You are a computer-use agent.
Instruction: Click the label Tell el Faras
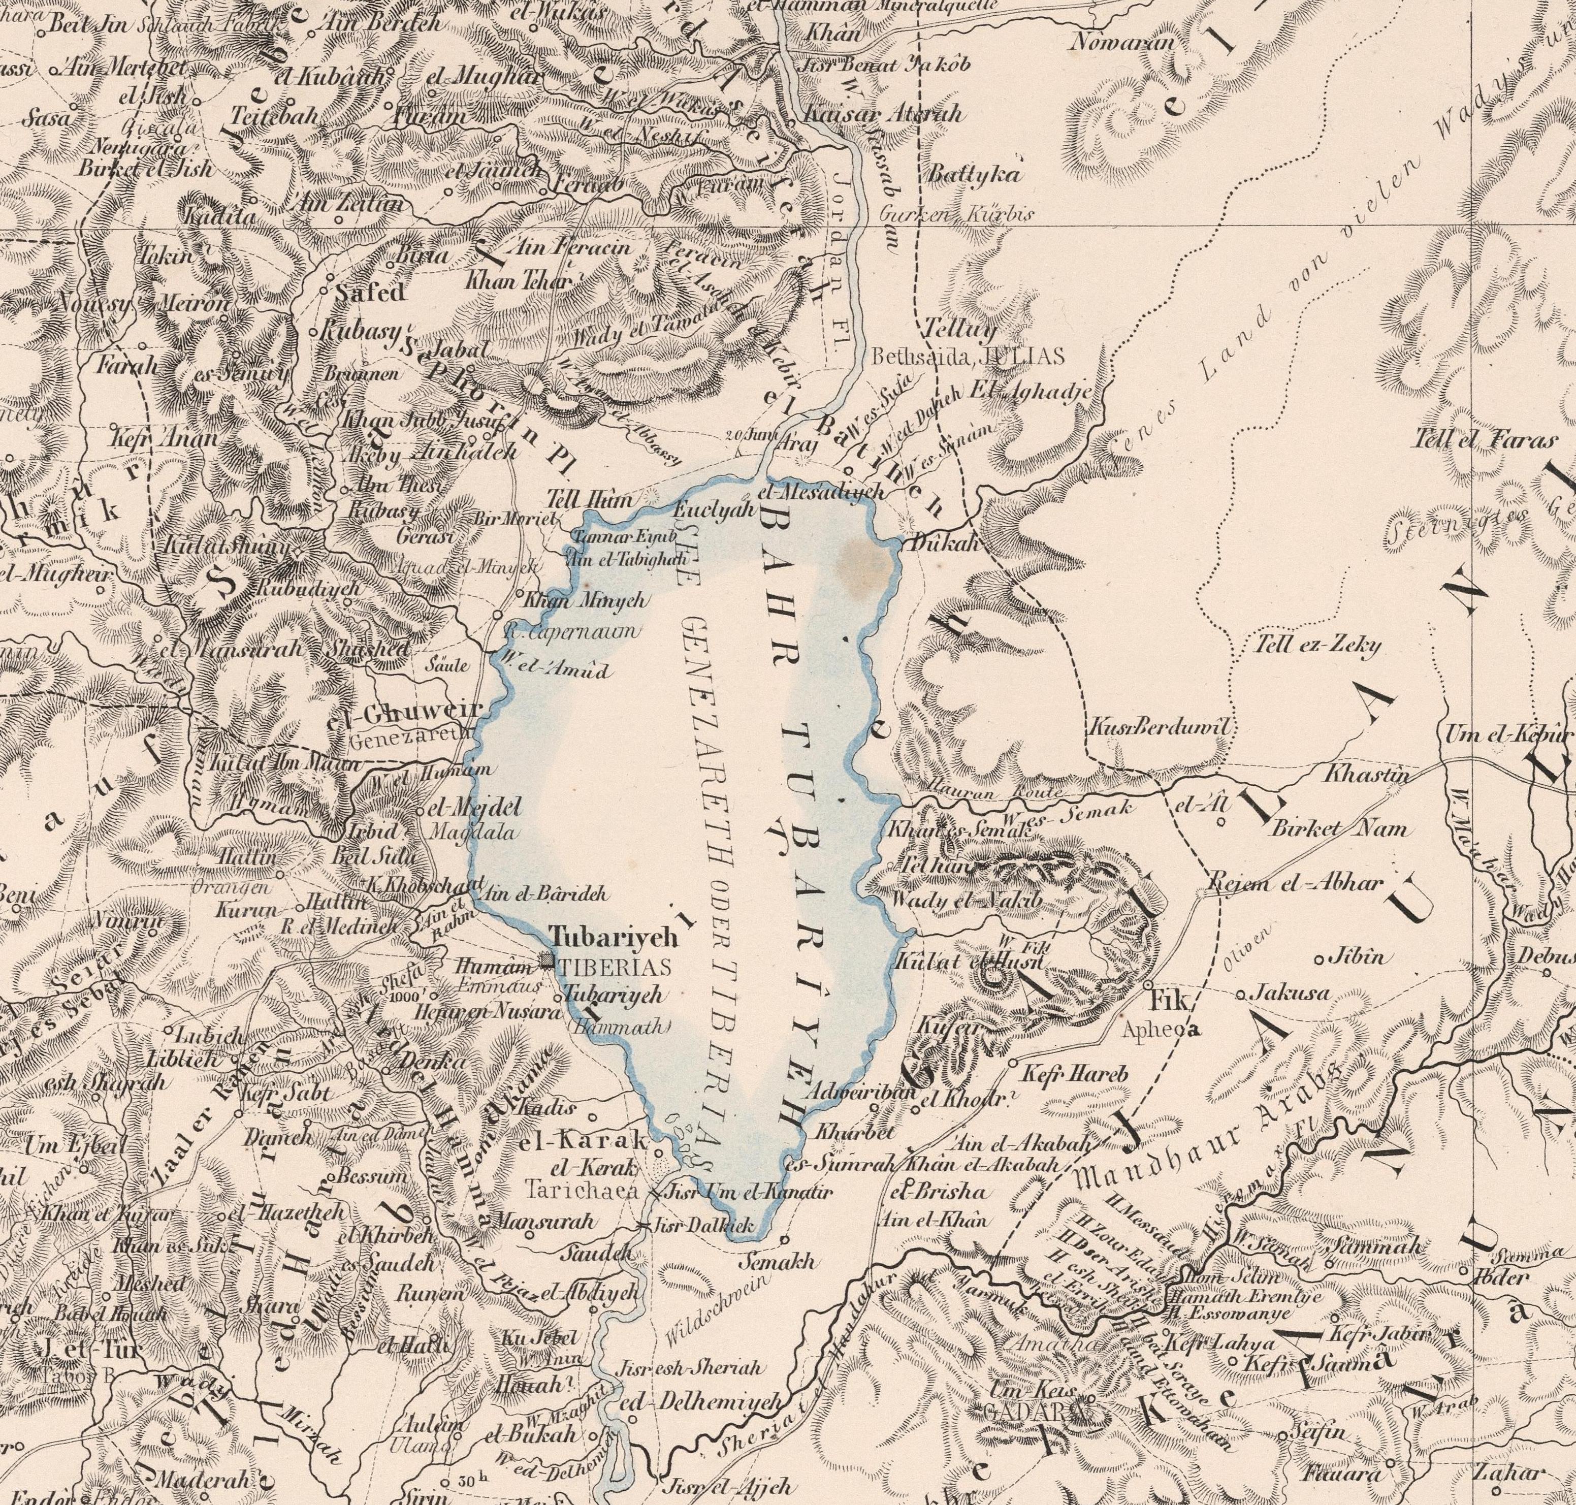[1486, 440]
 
